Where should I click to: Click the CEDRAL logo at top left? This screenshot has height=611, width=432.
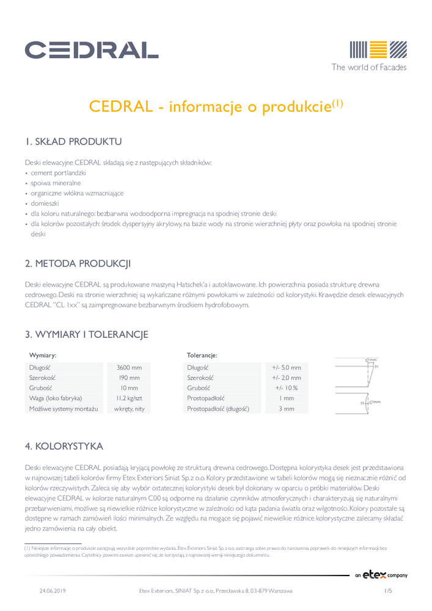click(x=92, y=49)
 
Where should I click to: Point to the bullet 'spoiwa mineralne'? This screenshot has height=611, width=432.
click(x=56, y=183)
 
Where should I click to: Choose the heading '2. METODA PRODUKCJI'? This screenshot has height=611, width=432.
click(x=78, y=264)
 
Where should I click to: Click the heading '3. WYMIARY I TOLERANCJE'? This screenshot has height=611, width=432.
click(x=86, y=334)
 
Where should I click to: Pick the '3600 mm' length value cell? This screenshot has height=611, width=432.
click(x=129, y=367)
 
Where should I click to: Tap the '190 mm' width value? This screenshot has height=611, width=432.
click(x=129, y=378)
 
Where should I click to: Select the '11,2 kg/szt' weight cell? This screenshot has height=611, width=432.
click(x=129, y=398)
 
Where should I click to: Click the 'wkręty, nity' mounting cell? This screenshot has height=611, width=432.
click(x=129, y=408)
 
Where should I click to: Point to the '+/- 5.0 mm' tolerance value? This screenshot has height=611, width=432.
click(x=287, y=367)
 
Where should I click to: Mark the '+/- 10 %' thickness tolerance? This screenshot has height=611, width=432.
click(x=287, y=388)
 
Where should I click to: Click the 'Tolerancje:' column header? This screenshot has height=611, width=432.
click(x=202, y=355)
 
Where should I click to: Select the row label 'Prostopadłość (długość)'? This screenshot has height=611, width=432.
click(x=218, y=408)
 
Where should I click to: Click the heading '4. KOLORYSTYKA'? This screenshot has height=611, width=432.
click(x=64, y=446)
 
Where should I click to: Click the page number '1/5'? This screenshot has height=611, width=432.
click(x=387, y=591)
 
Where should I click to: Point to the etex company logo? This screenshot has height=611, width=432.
click(x=381, y=575)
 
